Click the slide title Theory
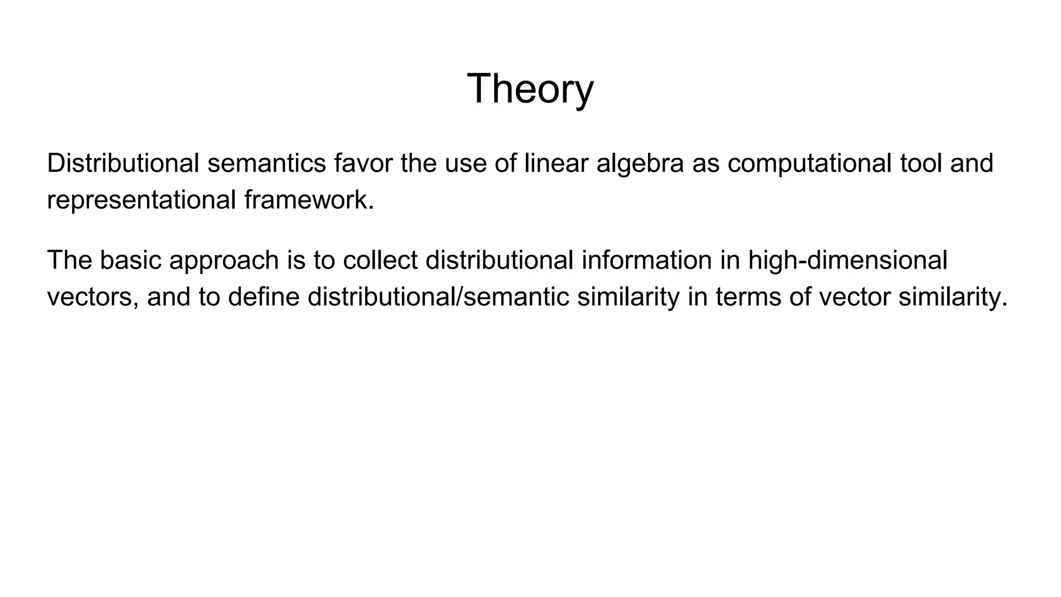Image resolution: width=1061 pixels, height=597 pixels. (530, 89)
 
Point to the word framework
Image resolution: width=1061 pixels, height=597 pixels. (309, 200)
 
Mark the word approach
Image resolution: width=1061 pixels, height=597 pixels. (224, 261)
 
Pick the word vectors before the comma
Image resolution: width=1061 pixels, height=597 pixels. (93, 297)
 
